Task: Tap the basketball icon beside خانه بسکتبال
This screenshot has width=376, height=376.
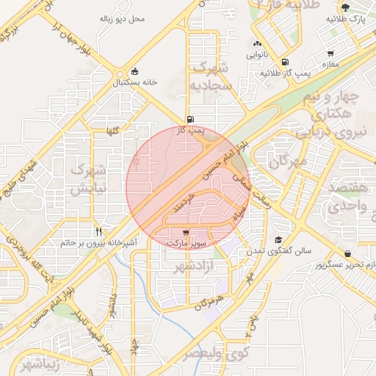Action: (134, 71)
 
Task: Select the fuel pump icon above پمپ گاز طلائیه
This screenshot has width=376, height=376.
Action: (284, 62)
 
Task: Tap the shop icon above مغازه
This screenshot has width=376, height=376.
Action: (331, 53)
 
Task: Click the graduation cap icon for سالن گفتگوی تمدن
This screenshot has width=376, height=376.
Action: (278, 239)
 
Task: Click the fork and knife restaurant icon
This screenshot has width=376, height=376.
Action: (99, 230)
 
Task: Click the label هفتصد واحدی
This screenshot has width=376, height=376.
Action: (348, 198)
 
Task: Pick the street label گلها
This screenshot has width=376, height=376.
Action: (113, 131)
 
